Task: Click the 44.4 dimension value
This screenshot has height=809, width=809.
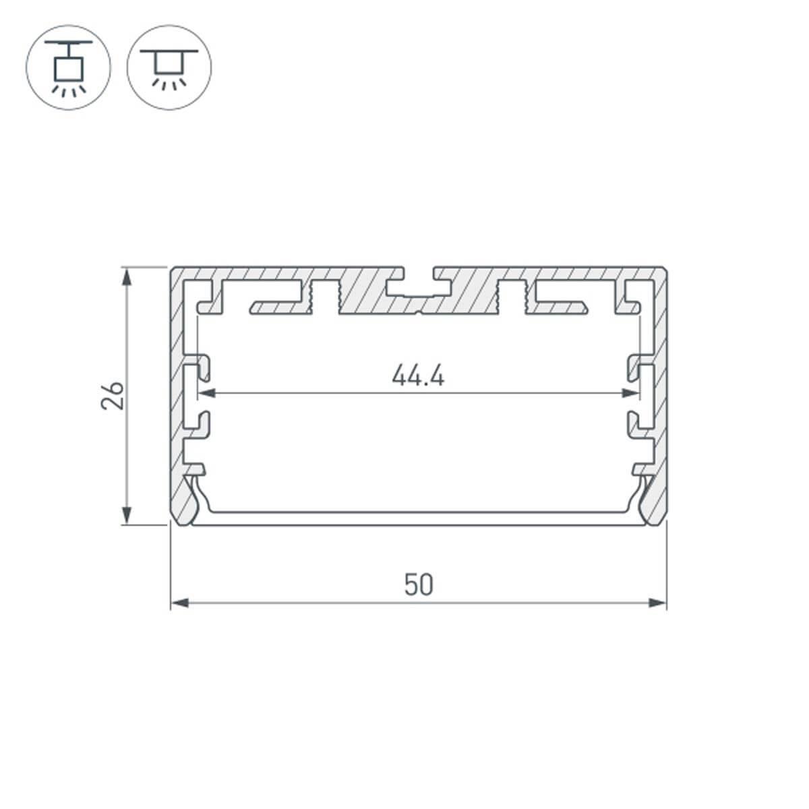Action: pyautogui.click(x=418, y=376)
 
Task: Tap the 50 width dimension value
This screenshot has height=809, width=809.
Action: pyautogui.click(x=419, y=585)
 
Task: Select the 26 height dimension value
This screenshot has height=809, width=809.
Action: pyautogui.click(x=113, y=395)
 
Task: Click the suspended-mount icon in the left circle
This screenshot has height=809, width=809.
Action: pyautogui.click(x=68, y=67)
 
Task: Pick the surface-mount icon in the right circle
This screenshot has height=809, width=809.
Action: pyautogui.click(x=169, y=67)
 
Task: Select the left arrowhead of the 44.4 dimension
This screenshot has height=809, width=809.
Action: pyautogui.click(x=206, y=392)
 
